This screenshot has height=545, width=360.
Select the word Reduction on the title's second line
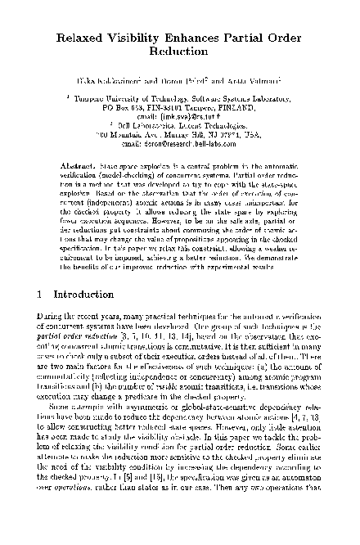[179, 54]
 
